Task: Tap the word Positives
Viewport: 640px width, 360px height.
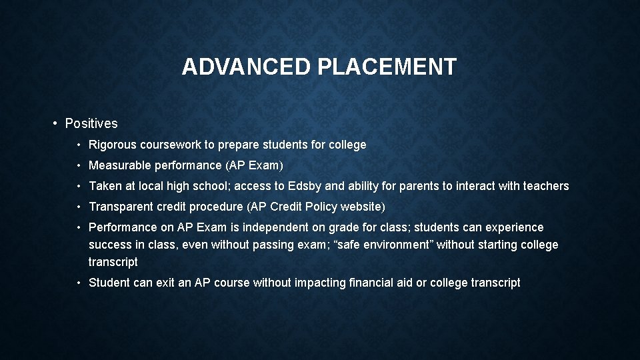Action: pyautogui.click(x=91, y=123)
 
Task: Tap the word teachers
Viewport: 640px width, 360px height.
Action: pyautogui.click(x=546, y=186)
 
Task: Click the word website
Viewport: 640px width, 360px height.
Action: pyautogui.click(x=363, y=207)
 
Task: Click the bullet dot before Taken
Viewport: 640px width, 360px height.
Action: pyautogui.click(x=79, y=186)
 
